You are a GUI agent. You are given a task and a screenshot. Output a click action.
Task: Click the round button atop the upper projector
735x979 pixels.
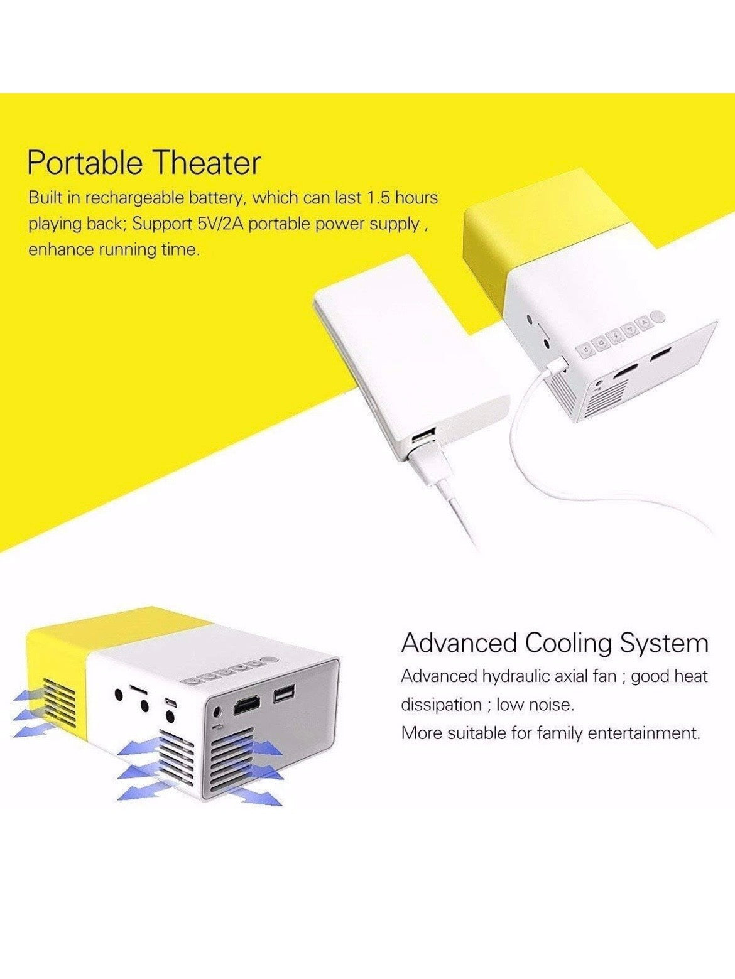click(658, 317)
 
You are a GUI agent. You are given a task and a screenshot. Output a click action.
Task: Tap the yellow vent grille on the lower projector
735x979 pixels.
click(59, 707)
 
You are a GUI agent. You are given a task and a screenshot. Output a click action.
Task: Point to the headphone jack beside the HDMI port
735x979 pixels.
click(217, 711)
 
